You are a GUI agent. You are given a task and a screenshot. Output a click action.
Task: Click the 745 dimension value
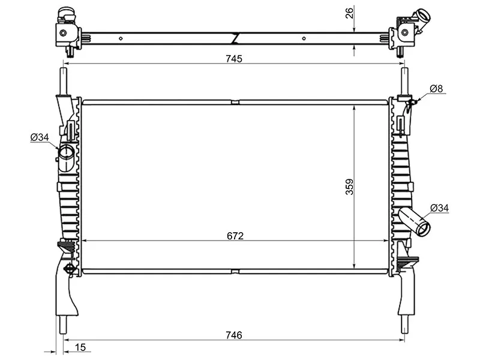(x=234, y=58)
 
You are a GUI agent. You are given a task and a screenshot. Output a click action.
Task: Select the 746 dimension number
(x=234, y=335)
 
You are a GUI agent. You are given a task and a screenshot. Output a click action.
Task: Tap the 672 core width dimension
(x=235, y=236)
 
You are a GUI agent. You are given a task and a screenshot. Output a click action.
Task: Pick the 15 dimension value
(x=80, y=347)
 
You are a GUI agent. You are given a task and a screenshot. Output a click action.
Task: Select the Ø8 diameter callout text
(x=436, y=89)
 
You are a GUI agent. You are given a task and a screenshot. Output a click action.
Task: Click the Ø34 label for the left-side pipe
(x=40, y=137)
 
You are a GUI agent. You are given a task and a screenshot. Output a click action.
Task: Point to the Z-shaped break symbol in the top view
(x=236, y=38)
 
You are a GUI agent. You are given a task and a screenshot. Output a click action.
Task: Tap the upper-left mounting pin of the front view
(x=64, y=81)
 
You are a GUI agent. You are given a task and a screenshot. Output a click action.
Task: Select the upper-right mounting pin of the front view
(x=405, y=81)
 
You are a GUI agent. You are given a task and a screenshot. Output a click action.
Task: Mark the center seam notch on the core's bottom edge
(x=235, y=271)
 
